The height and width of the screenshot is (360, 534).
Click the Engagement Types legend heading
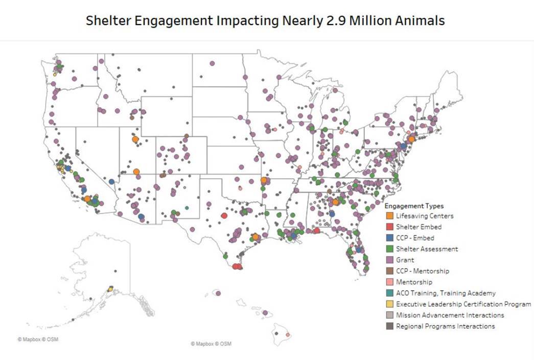tap(414, 206)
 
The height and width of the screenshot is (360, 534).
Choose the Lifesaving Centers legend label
tap(425, 216)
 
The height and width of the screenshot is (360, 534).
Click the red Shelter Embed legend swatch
tap(389, 227)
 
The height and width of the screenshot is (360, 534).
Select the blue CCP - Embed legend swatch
tap(389, 238)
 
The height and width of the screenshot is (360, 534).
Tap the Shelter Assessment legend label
tap(427, 249)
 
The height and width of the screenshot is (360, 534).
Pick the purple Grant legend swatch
tap(389, 260)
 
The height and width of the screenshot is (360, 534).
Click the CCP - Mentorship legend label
tap(423, 271)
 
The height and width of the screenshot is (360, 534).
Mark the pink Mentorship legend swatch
tap(389, 282)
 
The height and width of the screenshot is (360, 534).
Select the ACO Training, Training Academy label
tap(446, 293)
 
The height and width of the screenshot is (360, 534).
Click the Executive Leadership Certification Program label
tap(463, 304)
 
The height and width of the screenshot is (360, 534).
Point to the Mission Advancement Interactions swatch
tap(389, 315)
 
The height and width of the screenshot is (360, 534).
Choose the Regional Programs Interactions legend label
tap(445, 326)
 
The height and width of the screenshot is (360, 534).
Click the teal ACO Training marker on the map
tap(187, 208)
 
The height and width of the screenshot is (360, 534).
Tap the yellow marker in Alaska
tap(110, 289)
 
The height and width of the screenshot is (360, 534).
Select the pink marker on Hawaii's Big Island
tap(288, 335)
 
